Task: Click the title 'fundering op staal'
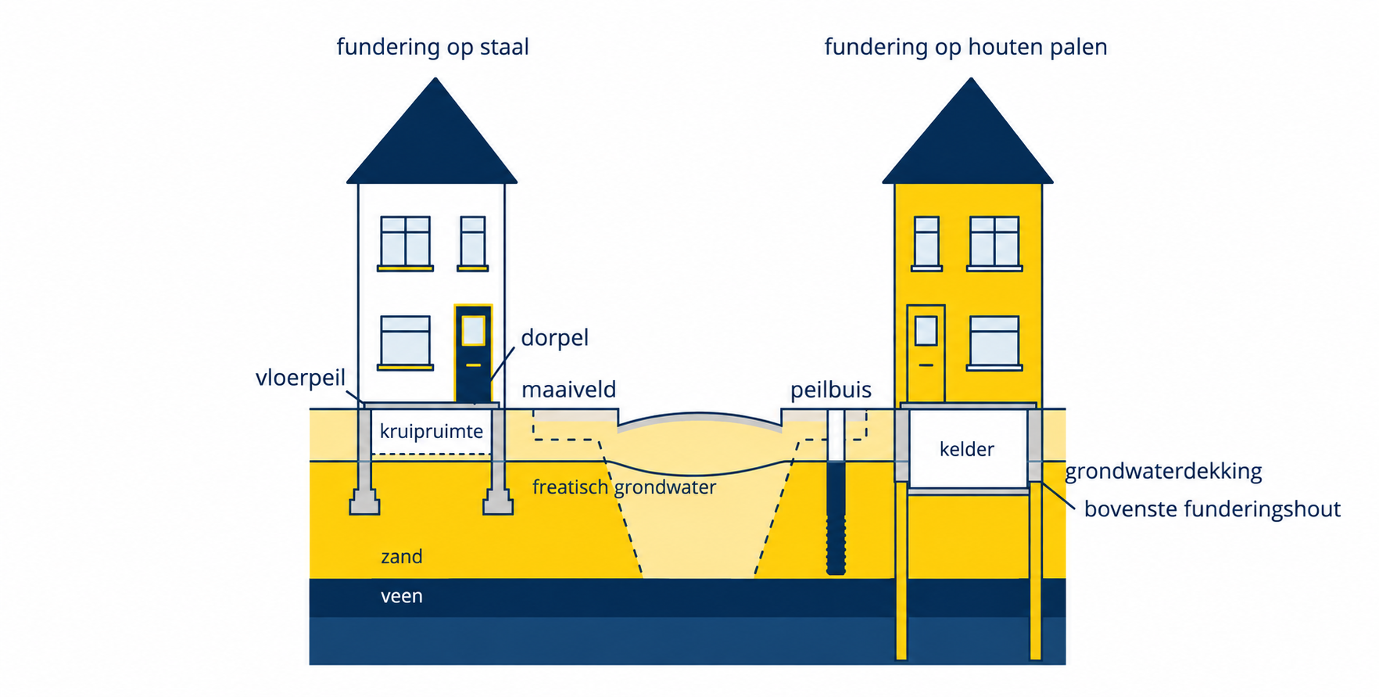pos(432,48)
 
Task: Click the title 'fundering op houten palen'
pos(965,48)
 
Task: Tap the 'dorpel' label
pos(554,338)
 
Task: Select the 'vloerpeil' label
pos(300,379)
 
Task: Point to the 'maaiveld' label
pos(568,390)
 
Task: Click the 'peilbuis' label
pos(830,390)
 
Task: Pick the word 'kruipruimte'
pos(431,432)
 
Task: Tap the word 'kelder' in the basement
pos(966,449)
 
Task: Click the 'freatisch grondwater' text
pos(624,487)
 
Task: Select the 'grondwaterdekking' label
pos(1163,472)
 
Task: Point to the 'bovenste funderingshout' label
pos(1212,509)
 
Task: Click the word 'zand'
pos(401,557)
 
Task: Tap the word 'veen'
pos(401,596)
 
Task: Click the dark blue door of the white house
pos(473,354)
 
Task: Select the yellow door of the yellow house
pos(926,354)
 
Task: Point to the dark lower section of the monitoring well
pos(836,518)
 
